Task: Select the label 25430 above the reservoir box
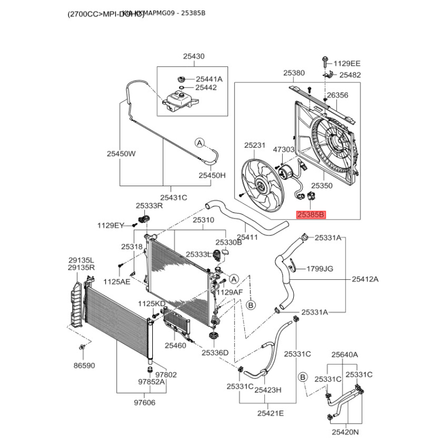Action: point(193,56)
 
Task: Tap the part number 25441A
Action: point(209,79)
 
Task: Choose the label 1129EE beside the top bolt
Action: point(347,64)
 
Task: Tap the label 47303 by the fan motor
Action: point(283,149)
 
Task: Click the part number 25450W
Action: point(121,154)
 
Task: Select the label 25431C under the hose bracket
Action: point(173,197)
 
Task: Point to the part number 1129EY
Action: point(110,225)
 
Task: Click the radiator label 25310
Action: point(203,220)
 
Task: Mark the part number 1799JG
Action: point(320,269)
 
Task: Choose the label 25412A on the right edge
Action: point(365,279)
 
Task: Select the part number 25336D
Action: point(215,352)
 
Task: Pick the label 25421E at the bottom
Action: point(270,413)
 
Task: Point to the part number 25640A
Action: point(345,355)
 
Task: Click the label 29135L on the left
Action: point(81,260)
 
